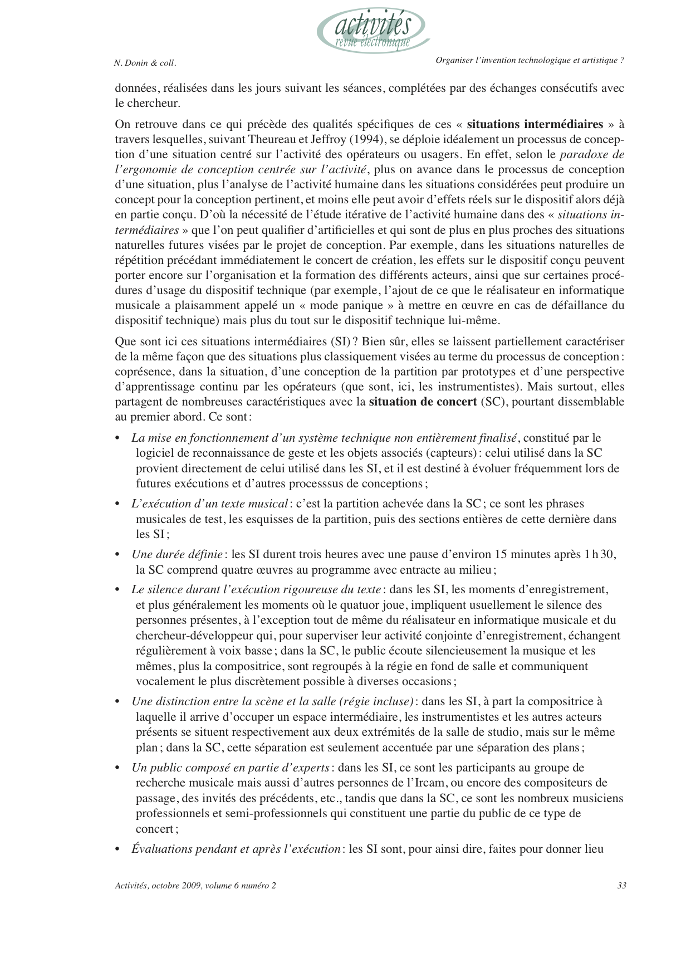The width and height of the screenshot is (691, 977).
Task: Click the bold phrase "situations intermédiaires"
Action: (x=535, y=124)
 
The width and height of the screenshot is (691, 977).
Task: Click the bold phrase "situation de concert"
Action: (x=423, y=402)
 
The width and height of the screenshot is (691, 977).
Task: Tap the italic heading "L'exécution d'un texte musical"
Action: (x=209, y=504)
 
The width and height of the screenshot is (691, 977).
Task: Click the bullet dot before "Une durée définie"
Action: (x=117, y=555)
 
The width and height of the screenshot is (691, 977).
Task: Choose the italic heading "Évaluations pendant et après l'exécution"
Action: (x=236, y=849)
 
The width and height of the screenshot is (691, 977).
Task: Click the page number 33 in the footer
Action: (x=622, y=886)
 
